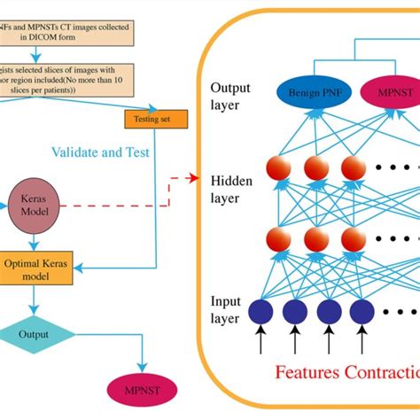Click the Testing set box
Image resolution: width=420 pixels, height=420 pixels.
point(156,119)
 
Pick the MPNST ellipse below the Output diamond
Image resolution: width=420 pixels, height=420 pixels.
point(139,387)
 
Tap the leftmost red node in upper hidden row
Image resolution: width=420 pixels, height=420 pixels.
point(278,170)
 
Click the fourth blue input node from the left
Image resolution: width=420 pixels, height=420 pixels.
point(361,311)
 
